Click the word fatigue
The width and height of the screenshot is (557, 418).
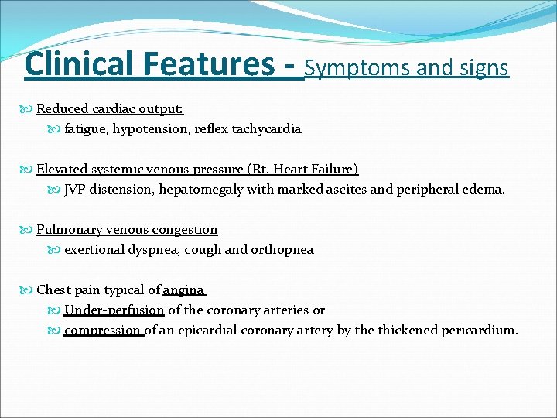(85, 129)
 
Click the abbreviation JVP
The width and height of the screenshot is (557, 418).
(75, 189)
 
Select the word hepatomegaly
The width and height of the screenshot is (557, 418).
(200, 189)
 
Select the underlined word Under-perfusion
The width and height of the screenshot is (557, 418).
(114, 310)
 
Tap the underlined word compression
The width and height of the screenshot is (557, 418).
(103, 330)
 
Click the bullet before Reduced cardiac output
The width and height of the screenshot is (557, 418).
(29, 110)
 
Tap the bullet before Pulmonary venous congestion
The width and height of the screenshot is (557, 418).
(29, 230)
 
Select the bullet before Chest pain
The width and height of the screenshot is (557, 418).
(29, 290)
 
